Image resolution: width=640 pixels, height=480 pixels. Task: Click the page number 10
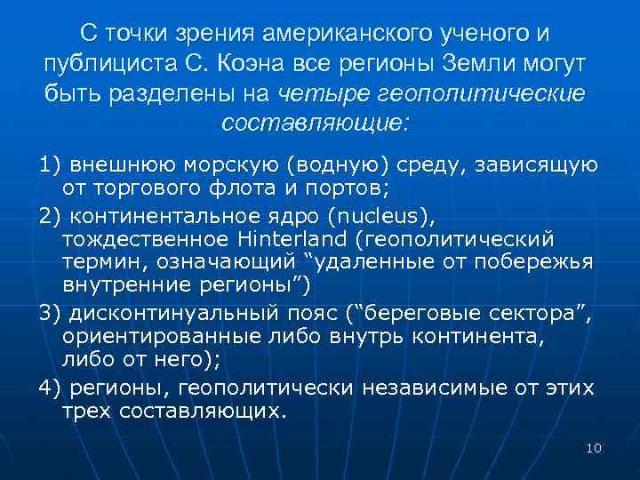point(595,448)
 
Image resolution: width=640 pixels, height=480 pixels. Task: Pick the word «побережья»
point(536,262)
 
